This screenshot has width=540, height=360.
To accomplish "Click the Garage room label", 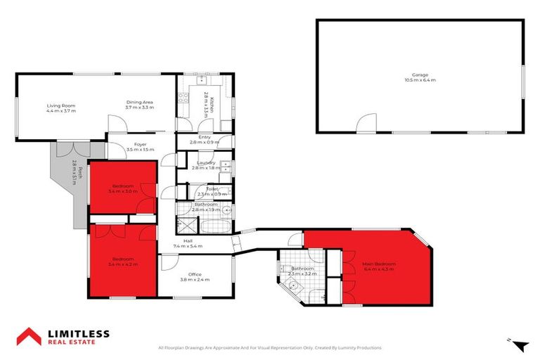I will click(420, 75).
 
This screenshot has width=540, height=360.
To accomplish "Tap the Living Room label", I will click(60, 105).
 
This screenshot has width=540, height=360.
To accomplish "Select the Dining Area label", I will click(139, 101).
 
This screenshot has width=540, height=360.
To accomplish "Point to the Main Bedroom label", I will click(379, 264).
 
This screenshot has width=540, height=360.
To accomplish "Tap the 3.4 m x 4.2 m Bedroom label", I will click(122, 261).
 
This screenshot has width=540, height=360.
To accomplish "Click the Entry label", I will click(205, 136).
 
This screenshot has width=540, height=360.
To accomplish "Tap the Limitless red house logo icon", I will click(29, 337).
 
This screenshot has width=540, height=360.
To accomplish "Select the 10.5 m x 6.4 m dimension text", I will click(420, 80).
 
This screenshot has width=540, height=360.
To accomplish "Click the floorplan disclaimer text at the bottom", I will click(270, 348).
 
